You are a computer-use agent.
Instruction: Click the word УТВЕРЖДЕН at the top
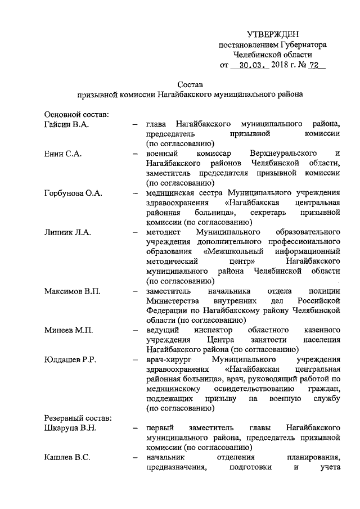click(x=273, y=35)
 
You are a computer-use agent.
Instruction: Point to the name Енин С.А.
click(x=62, y=153)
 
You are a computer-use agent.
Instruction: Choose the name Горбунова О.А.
click(x=73, y=193)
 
